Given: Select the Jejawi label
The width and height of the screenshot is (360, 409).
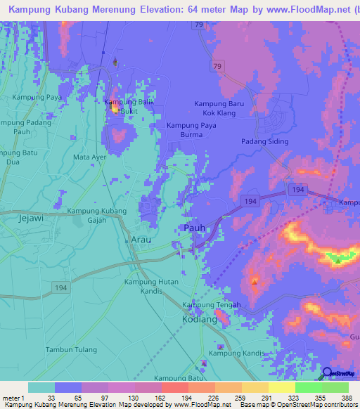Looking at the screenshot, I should pyautogui.click(x=30, y=219).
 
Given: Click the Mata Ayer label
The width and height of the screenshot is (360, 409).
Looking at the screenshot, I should pyautogui.click(x=89, y=157).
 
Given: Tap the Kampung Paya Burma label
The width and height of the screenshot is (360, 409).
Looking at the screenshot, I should pyautogui.click(x=191, y=130).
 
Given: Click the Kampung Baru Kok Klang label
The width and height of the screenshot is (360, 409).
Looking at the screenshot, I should pyautogui.click(x=219, y=108).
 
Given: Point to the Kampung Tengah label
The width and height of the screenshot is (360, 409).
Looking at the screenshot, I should pyautogui.click(x=212, y=305).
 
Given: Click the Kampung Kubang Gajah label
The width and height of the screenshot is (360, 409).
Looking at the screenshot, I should pyautogui.click(x=97, y=215).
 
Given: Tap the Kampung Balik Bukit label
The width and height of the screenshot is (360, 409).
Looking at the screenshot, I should pyautogui.click(x=129, y=106).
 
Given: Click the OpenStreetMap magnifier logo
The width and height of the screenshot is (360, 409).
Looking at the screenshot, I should pyautogui.click(x=328, y=373).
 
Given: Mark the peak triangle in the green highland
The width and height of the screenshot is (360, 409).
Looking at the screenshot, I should pyautogui.click(x=338, y=261).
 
